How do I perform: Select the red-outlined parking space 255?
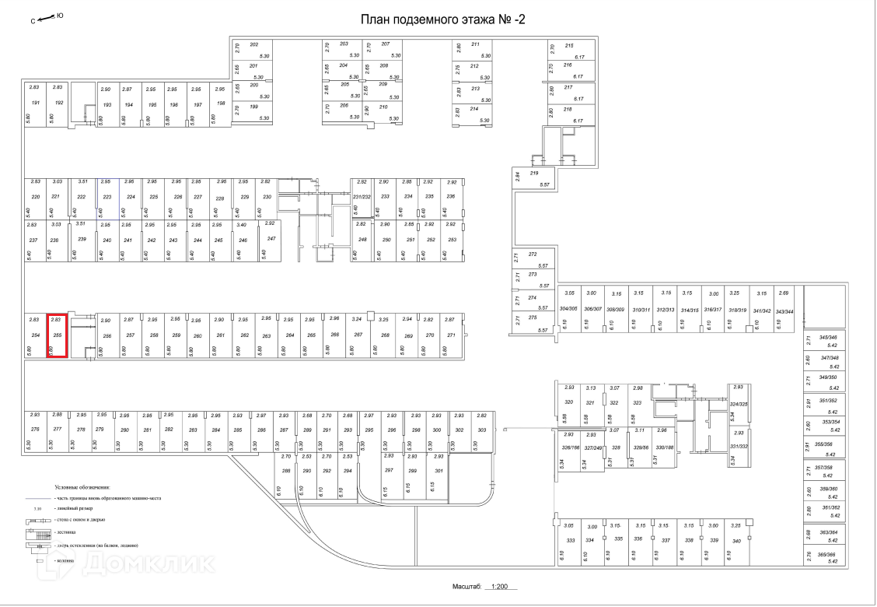click(x=57, y=335)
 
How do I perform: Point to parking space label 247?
click(x=271, y=238)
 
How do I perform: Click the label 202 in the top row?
click(x=253, y=44)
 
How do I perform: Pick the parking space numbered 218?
click(x=568, y=110)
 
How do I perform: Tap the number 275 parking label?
click(x=533, y=318)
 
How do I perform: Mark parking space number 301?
click(x=439, y=471)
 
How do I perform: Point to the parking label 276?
click(x=35, y=429)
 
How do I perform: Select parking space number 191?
click(x=35, y=103)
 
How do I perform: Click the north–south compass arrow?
click(x=47, y=16)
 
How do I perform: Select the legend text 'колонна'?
click(x=65, y=560)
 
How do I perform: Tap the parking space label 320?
click(x=568, y=402)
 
